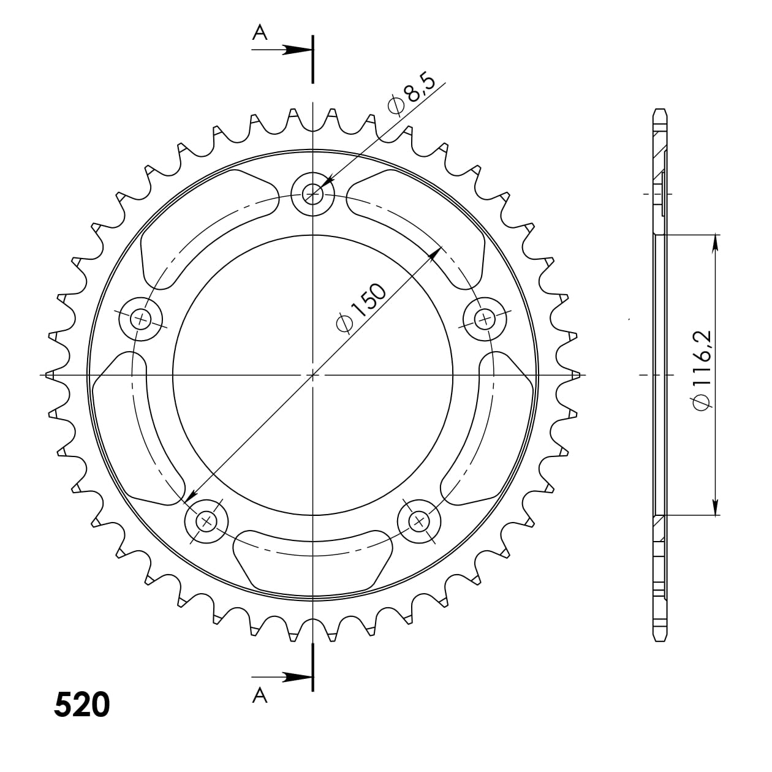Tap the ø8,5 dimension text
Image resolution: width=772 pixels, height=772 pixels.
coord(412,94)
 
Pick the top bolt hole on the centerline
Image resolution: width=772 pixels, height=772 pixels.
coord(312,194)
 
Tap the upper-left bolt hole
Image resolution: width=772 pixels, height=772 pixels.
coord(141,319)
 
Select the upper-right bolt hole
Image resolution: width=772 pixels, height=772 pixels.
coord(485,319)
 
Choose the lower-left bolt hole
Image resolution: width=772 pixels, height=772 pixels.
coord(206,521)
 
